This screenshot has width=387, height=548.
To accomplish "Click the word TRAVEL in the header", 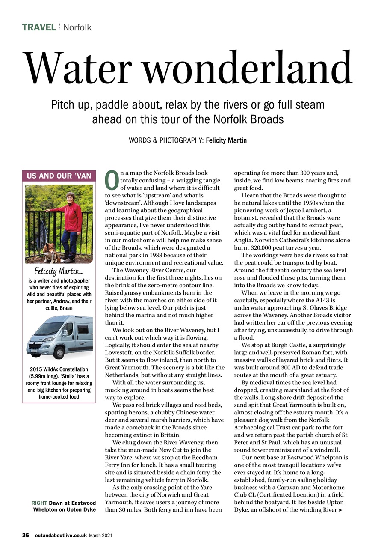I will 39,27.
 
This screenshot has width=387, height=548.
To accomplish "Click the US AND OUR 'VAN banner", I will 59,176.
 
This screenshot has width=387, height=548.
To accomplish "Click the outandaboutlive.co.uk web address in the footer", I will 60,535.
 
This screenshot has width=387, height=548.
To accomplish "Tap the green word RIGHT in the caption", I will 40,503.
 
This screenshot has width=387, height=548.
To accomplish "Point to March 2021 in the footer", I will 100,535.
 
